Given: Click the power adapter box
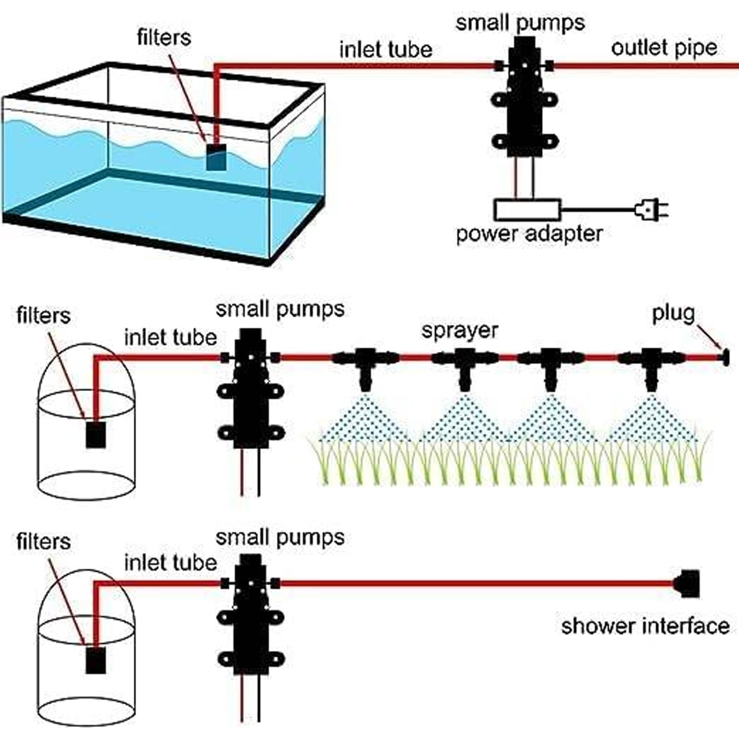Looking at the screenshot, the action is (x=528, y=210).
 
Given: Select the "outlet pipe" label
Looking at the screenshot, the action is (x=664, y=48).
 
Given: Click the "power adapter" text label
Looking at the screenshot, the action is (x=529, y=234).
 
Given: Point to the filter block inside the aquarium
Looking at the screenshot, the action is (x=216, y=156).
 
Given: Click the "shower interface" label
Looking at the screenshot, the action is (x=645, y=626).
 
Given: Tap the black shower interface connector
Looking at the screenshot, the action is (x=687, y=584).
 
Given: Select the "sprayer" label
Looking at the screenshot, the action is (x=460, y=331).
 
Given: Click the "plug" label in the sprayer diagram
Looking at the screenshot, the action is (x=673, y=314).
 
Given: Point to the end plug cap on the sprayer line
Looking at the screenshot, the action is (x=725, y=357).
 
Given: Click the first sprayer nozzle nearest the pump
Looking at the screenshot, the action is (x=365, y=368).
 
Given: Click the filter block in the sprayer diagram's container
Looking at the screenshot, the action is (x=96, y=434).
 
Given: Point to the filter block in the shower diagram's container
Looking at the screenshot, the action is (x=96, y=660).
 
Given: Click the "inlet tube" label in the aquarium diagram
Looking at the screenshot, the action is (x=386, y=49).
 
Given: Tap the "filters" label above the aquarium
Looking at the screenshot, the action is (x=164, y=37).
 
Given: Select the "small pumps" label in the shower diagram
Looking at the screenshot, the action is (x=280, y=538).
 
